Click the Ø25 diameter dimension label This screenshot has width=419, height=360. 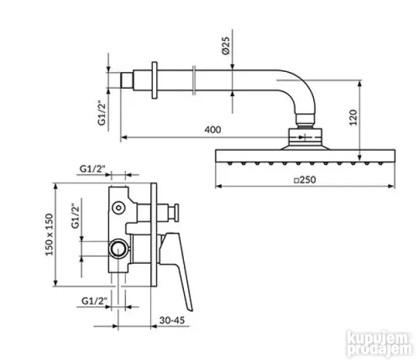(x=226, y=45)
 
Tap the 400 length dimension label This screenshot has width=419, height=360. (x=213, y=130)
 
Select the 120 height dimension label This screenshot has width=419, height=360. (x=353, y=117)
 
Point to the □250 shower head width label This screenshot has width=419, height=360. (x=305, y=180)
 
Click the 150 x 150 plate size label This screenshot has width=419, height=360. (x=49, y=235)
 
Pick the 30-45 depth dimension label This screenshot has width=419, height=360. (x=172, y=320)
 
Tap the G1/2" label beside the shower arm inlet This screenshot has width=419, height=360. (x=102, y=112)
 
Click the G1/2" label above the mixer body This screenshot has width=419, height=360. (x=92, y=169)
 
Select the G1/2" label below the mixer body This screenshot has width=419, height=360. (x=94, y=301)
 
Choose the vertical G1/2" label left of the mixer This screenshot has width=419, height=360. (x=75, y=216)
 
